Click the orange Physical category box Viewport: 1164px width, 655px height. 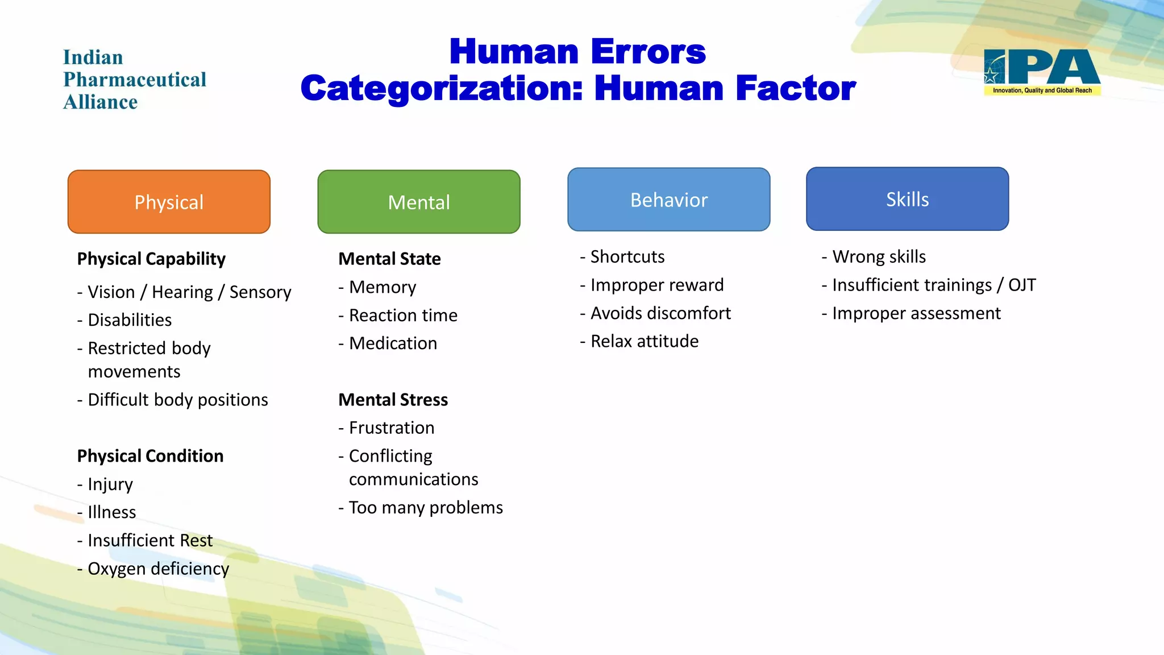click(169, 202)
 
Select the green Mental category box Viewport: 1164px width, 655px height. click(419, 202)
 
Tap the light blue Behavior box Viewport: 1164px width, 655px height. click(669, 200)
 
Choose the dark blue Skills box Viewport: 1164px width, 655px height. click(907, 199)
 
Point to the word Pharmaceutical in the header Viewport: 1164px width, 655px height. click(135, 80)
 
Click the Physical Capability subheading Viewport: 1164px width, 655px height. click(151, 259)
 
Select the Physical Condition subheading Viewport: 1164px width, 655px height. click(150, 456)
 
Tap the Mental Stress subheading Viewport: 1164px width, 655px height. click(393, 400)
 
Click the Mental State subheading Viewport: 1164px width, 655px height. click(389, 259)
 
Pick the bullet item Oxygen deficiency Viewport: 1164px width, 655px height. click(158, 569)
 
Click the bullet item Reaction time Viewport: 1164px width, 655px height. click(403, 315)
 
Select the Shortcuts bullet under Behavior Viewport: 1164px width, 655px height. click(627, 256)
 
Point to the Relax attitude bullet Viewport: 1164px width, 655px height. click(645, 341)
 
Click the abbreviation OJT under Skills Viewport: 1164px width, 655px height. click(1021, 285)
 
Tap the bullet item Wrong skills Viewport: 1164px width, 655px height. click(879, 256)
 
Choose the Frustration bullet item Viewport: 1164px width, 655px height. click(392, 428)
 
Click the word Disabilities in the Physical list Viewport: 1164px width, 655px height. click(130, 320)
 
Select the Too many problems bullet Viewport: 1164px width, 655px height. click(426, 507)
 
